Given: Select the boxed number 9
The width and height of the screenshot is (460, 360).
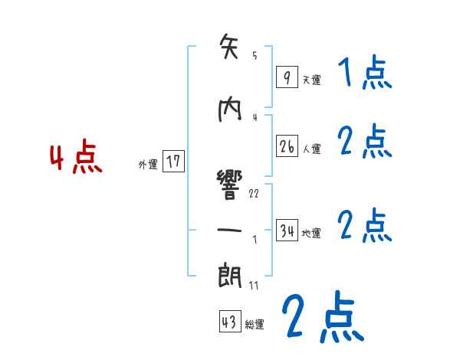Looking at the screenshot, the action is pyautogui.click(x=286, y=77).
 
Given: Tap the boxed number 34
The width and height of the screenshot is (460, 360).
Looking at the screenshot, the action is pyautogui.click(x=287, y=231).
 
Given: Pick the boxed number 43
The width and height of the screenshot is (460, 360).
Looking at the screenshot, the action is pyautogui.click(x=229, y=322).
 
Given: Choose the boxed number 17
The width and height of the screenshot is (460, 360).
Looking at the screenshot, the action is pyautogui.click(x=174, y=162).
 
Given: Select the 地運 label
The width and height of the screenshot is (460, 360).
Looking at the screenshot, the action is pyautogui.click(x=311, y=234).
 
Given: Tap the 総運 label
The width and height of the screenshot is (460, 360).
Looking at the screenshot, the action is pyautogui.click(x=255, y=325).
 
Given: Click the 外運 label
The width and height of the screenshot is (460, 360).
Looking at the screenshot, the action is pyautogui.click(x=148, y=164).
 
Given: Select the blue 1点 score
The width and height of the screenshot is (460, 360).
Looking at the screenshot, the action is pyautogui.click(x=364, y=74).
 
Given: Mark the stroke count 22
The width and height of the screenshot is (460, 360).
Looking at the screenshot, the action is pyautogui.click(x=254, y=193).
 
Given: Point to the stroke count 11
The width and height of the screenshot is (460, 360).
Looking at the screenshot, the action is pyautogui.click(x=254, y=285).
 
